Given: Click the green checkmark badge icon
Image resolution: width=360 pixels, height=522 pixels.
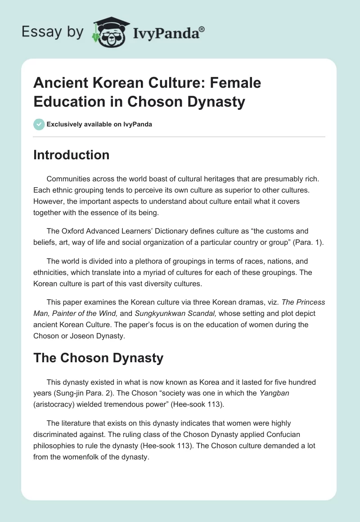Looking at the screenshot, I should point(39,124).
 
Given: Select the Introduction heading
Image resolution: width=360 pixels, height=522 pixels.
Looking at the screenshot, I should point(72,155).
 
